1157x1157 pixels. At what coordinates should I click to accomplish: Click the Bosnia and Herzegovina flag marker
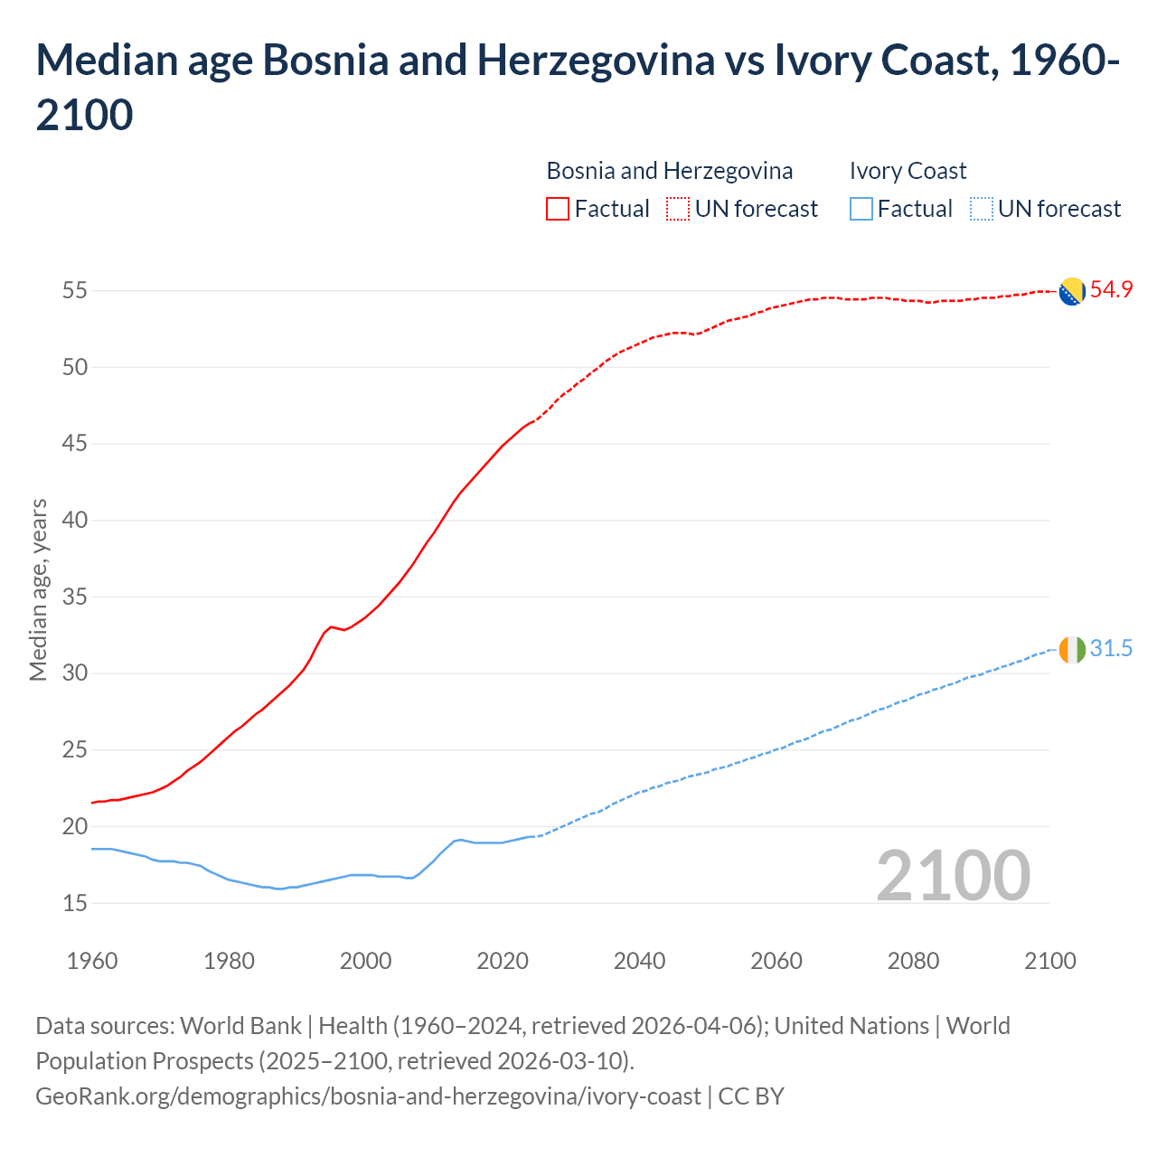[1071, 292]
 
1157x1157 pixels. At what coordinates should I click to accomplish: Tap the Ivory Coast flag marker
[1071, 650]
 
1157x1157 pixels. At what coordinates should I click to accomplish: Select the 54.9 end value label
[1111, 290]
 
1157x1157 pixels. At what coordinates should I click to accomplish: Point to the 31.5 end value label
[1111, 649]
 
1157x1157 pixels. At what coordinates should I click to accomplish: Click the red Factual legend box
[558, 209]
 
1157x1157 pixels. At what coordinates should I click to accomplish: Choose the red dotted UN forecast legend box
[678, 209]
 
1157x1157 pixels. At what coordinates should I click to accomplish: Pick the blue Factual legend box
[861, 209]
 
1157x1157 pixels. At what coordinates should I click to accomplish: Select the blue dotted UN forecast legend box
[981, 209]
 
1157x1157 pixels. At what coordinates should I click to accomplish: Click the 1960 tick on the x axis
[92, 961]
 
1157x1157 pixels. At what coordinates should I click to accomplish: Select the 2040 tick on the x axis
[639, 961]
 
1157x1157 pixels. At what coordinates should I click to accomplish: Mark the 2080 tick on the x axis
[913, 961]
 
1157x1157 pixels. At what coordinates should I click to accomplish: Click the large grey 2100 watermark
[953, 876]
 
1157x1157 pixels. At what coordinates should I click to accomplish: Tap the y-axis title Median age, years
[38, 589]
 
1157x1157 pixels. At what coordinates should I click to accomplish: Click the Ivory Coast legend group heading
[908, 171]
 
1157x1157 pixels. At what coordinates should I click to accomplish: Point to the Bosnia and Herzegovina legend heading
[669, 171]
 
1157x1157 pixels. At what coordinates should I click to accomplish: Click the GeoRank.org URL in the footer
[368, 1096]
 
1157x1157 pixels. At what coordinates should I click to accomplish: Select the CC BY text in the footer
[751, 1096]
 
